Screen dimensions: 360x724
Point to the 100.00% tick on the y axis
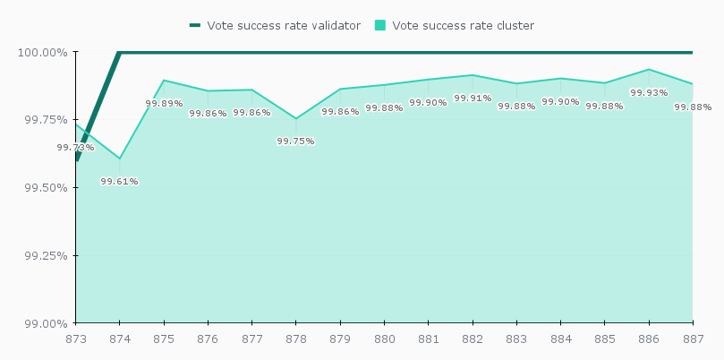[x=42, y=52]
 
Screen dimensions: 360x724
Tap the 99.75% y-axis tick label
[x=43, y=120]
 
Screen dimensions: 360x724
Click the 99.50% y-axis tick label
[x=43, y=188]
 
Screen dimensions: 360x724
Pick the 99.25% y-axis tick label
[x=43, y=255]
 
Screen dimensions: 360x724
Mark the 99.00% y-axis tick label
[x=43, y=323]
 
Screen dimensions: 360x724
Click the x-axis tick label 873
[x=75, y=339]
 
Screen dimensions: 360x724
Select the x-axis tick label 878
[x=296, y=339]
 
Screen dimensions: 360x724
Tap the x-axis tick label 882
[x=473, y=339]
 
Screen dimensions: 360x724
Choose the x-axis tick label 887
[x=693, y=339]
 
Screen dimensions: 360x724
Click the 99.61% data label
[x=119, y=182]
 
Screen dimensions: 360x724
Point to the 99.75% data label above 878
[x=295, y=141]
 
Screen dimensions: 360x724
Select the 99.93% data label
[x=649, y=92]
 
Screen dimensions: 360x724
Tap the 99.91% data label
[x=473, y=99]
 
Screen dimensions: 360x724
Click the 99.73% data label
[x=75, y=148]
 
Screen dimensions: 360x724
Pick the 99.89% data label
[x=164, y=104]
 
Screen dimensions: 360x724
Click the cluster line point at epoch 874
[x=120, y=159]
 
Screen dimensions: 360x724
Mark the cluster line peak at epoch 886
[x=649, y=69]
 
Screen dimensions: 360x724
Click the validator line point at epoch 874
[x=120, y=52]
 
